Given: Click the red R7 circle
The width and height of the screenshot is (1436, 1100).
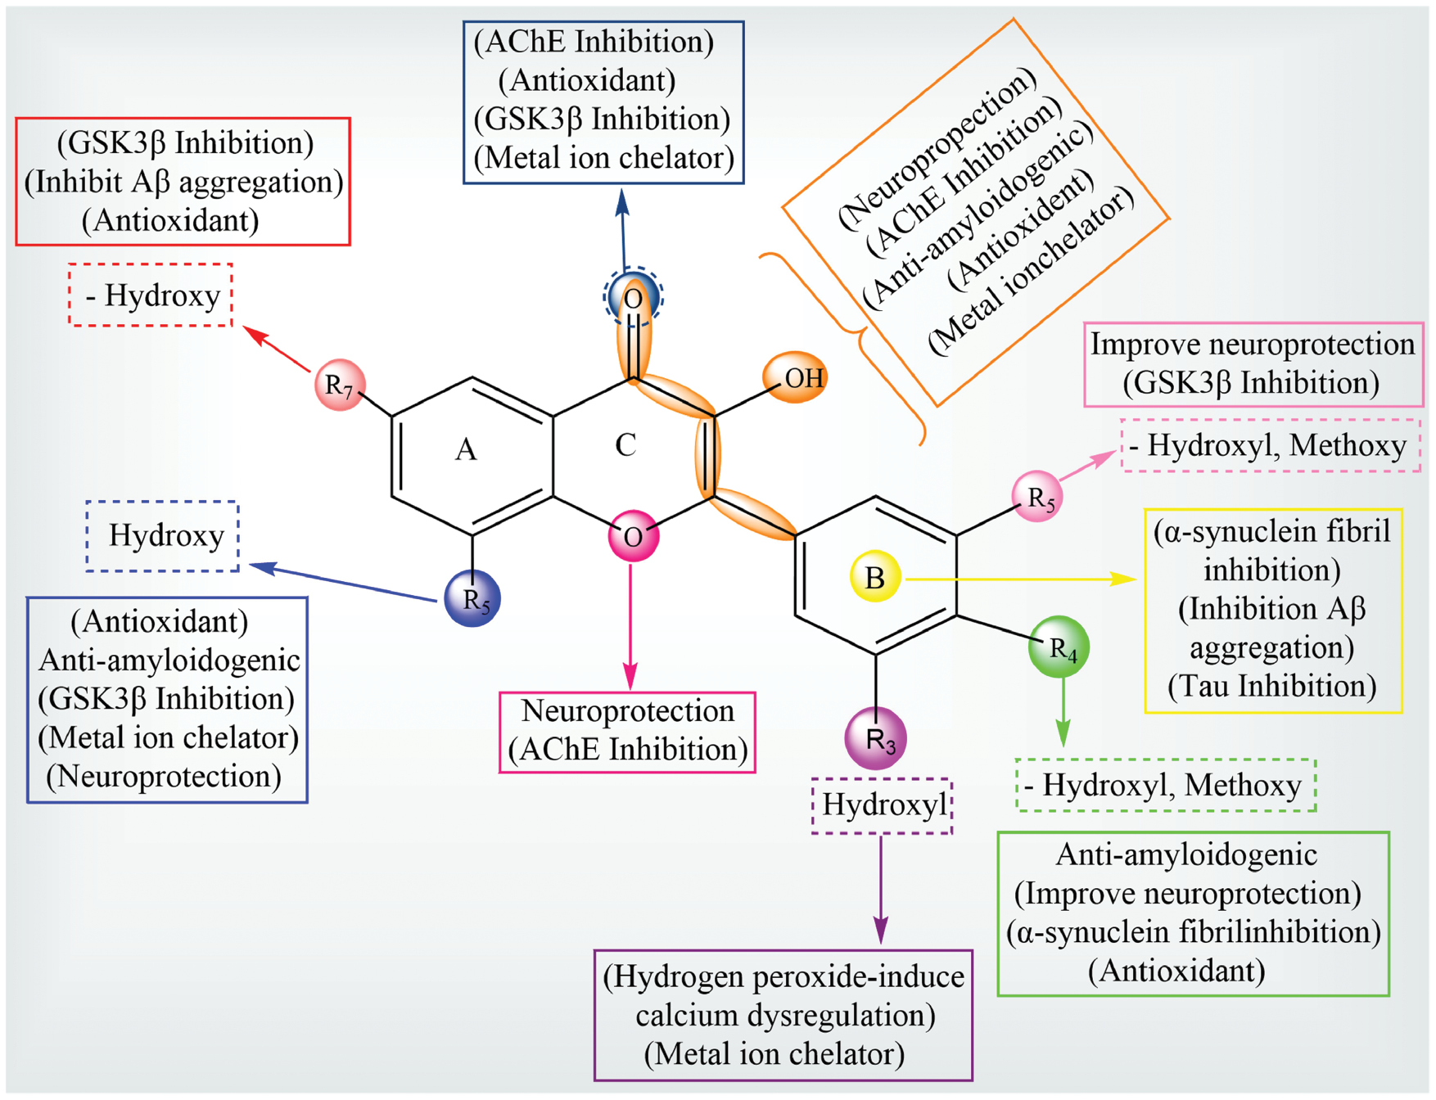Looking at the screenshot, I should pyautogui.click(x=340, y=384).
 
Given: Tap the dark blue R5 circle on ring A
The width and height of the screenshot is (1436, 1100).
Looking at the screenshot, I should pyautogui.click(x=472, y=598).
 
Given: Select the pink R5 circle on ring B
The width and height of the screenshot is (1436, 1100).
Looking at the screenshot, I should pyautogui.click(x=1037, y=496).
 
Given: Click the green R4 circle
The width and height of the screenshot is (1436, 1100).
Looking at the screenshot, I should pyautogui.click(x=1059, y=647).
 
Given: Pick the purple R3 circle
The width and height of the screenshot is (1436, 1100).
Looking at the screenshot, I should pyautogui.click(x=876, y=739).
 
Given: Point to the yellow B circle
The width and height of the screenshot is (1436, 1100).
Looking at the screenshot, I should pyautogui.click(x=875, y=577).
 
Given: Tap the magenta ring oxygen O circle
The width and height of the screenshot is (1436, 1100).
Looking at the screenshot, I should pyautogui.click(x=633, y=536).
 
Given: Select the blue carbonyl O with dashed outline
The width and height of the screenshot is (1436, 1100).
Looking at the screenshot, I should pyautogui.click(x=633, y=297).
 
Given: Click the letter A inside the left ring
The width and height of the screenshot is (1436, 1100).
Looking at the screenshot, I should pyautogui.click(x=466, y=449).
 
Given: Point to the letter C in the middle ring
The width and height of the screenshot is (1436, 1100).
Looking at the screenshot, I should pyautogui.click(x=625, y=445).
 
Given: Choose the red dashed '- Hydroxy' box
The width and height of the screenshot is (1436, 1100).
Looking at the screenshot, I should pyautogui.click(x=151, y=295).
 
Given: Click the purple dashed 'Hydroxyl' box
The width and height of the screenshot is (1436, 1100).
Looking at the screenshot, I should pyautogui.click(x=883, y=805).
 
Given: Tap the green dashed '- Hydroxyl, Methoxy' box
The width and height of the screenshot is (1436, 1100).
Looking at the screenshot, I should pyautogui.click(x=1166, y=786).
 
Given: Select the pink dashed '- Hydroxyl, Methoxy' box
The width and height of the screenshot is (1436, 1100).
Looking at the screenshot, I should pyautogui.click(x=1271, y=445).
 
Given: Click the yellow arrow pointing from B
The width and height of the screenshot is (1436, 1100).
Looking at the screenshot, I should pyautogui.click(x=1023, y=579).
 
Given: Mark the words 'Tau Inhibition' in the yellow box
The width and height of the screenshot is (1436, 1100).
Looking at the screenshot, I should pyautogui.click(x=1272, y=686).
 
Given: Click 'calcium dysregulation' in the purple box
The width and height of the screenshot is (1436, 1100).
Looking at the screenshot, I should pyautogui.click(x=784, y=1016).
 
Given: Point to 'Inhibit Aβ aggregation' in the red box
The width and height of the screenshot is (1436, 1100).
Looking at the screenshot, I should pyautogui.click(x=183, y=182).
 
